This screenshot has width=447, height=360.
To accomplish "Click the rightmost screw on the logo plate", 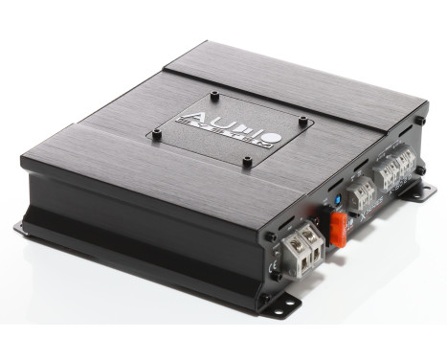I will [x=302, y=120].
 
